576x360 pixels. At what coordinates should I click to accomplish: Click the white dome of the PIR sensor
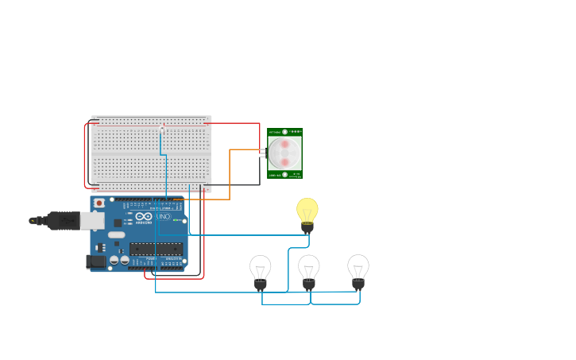(x=284, y=151)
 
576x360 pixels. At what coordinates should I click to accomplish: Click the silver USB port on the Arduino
(x=93, y=220)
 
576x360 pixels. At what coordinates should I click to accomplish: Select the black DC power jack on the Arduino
(x=95, y=261)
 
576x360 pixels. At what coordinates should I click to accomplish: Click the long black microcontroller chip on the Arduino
(x=157, y=249)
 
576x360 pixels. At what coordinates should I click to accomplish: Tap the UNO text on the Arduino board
(x=163, y=216)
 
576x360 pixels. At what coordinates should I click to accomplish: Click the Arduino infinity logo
(x=144, y=216)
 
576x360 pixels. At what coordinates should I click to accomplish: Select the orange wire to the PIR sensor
(x=230, y=171)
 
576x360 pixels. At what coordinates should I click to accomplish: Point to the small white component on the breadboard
(x=162, y=126)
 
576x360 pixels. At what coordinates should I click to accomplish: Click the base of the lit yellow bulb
(x=307, y=227)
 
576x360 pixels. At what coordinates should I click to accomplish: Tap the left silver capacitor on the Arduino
(x=114, y=260)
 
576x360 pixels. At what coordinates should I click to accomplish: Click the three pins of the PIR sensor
(x=263, y=153)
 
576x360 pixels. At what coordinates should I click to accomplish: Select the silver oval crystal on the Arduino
(x=117, y=234)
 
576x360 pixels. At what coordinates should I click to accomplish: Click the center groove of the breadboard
(x=151, y=154)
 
